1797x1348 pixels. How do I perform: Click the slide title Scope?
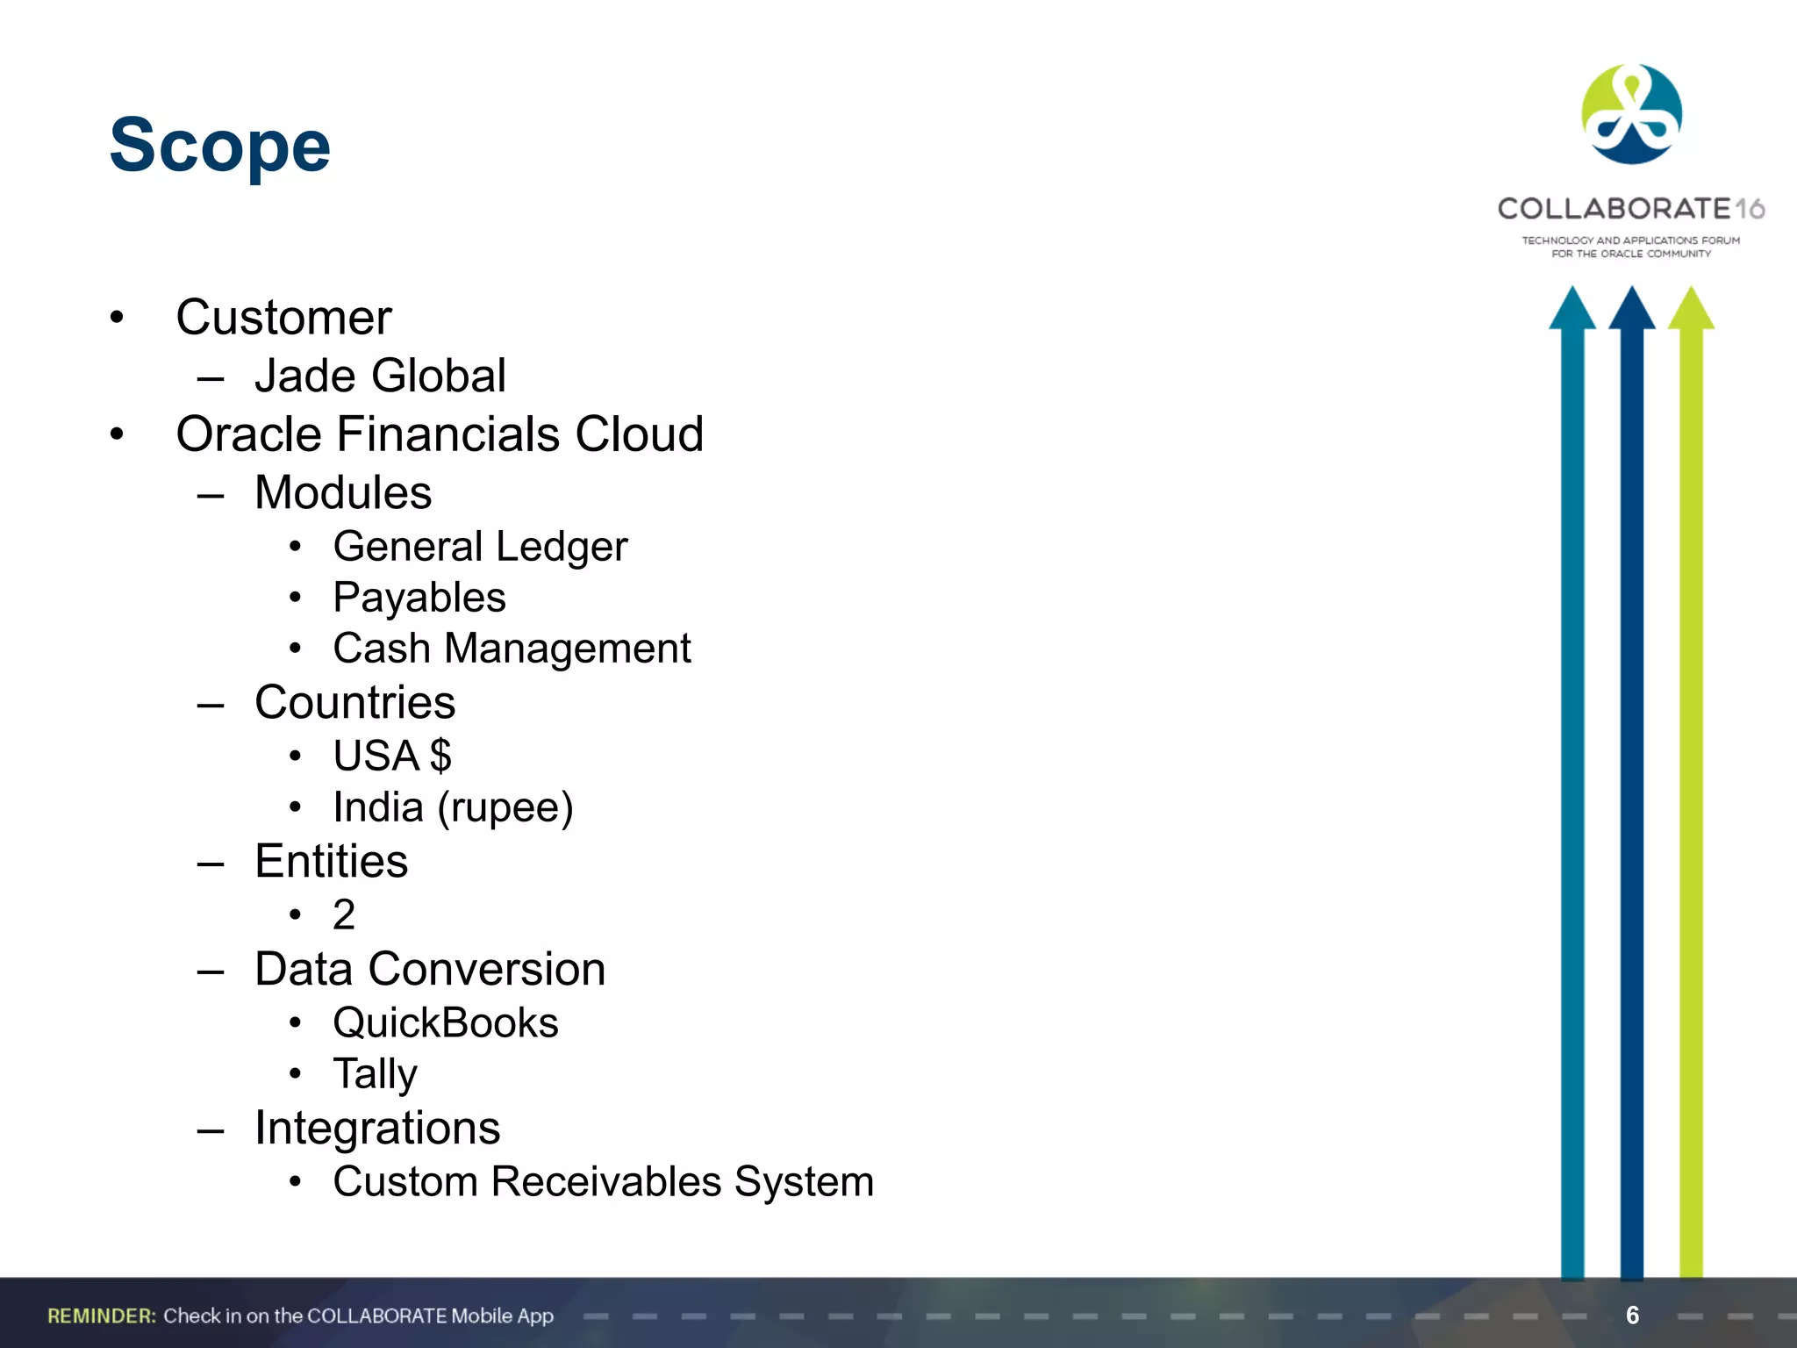219,146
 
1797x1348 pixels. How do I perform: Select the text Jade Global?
380,376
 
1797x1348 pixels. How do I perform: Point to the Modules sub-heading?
343,492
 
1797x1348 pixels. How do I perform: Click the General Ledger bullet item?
480,547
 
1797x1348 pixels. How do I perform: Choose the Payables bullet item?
419,598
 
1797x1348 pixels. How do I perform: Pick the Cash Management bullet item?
512,649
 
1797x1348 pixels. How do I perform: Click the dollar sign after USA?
440,756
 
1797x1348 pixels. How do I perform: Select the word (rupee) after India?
505,808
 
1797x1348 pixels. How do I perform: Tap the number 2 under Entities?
344,914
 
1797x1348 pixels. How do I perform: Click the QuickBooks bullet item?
446,1022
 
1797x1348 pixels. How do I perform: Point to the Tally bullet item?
375,1073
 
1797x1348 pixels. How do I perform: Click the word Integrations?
377,1128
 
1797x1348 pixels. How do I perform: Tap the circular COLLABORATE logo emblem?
1631,114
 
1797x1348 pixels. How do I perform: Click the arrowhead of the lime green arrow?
1691,310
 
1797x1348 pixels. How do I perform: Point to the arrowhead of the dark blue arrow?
1631,310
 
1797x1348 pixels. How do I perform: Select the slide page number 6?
1632,1315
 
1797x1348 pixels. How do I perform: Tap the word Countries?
354,702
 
